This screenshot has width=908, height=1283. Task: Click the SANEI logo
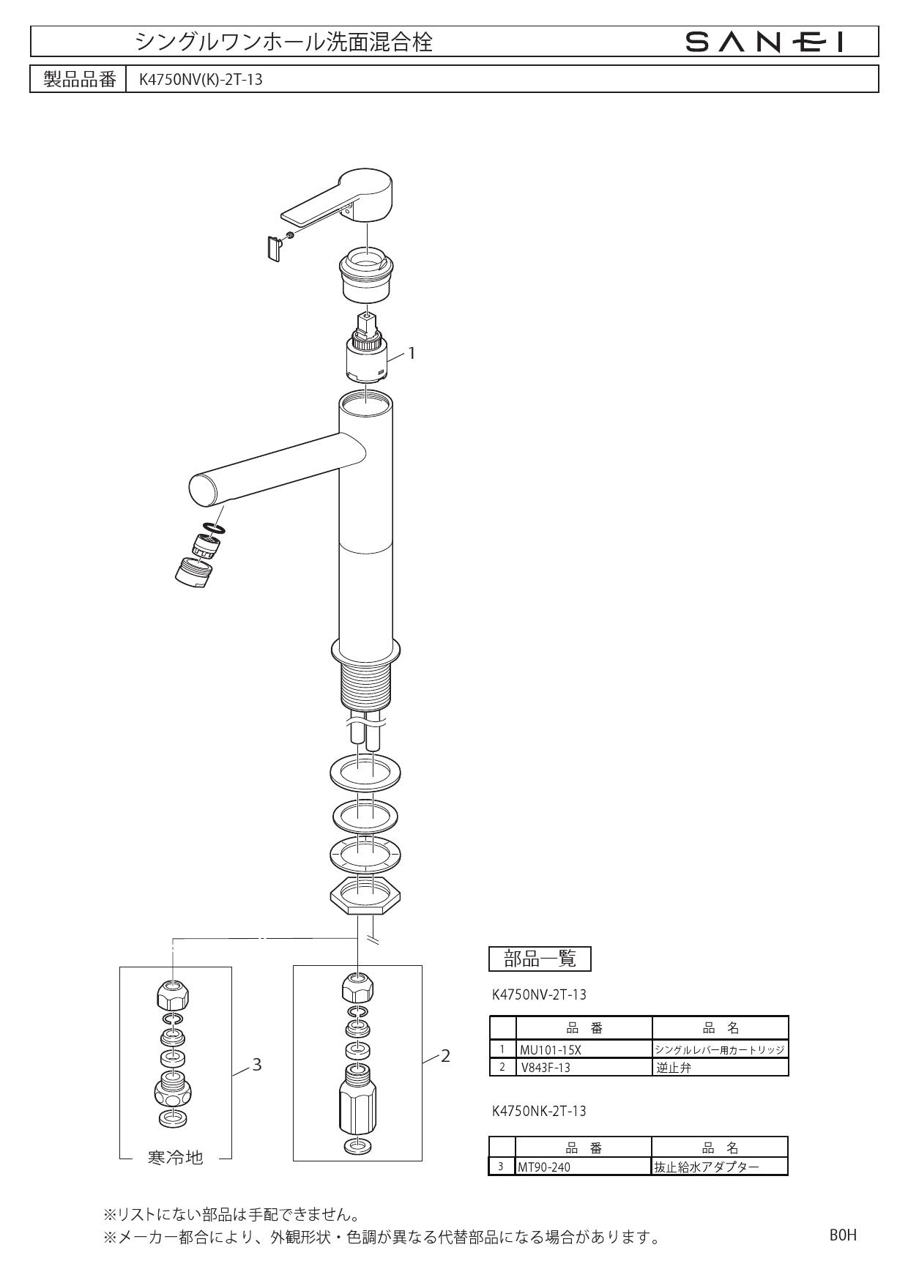tap(764, 42)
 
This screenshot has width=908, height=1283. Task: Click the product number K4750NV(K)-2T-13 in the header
tap(196, 80)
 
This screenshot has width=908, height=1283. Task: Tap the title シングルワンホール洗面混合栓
tap(284, 42)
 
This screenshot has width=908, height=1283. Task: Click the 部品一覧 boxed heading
tap(540, 958)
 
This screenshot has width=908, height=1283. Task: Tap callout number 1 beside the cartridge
tap(412, 353)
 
